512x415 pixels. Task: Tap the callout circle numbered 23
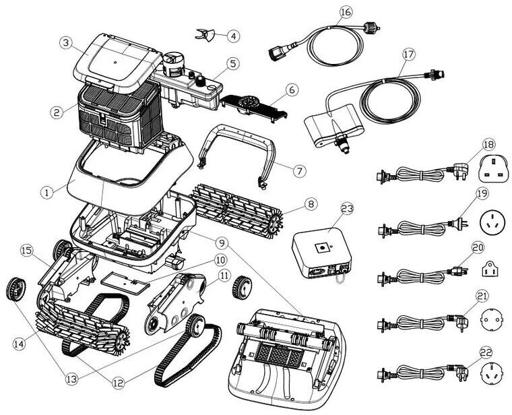tap(346, 209)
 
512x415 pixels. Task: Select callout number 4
tap(232, 35)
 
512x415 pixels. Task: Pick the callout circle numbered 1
tap(46, 192)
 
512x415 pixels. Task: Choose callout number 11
tap(224, 275)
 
